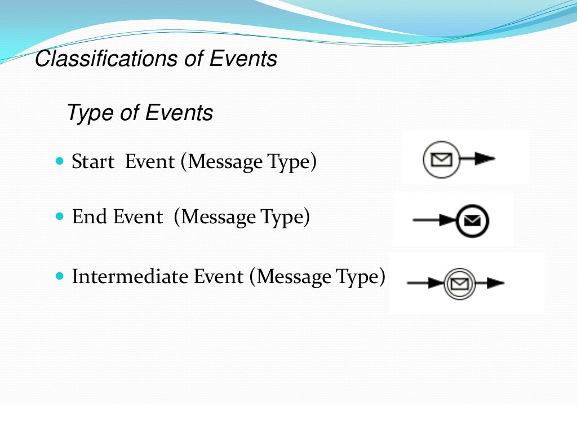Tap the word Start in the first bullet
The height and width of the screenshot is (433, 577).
click(x=93, y=162)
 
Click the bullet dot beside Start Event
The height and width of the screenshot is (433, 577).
click(x=61, y=161)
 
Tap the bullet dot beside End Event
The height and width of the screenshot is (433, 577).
click(x=61, y=216)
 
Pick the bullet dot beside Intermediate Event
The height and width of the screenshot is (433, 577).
click(x=61, y=276)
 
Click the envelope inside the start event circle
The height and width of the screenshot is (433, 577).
click(x=441, y=160)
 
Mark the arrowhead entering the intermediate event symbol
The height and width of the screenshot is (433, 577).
click(x=436, y=283)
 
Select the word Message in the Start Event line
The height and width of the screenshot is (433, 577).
click(x=225, y=162)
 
